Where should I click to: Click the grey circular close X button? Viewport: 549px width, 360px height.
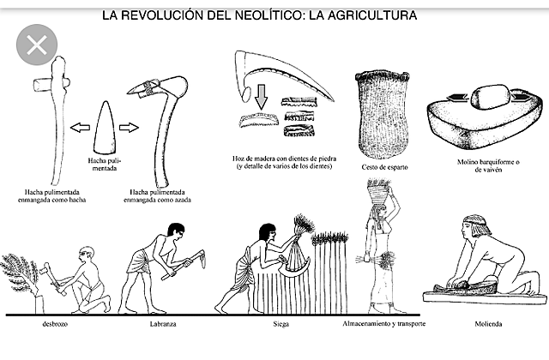36,45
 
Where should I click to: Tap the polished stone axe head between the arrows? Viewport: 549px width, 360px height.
101,129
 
